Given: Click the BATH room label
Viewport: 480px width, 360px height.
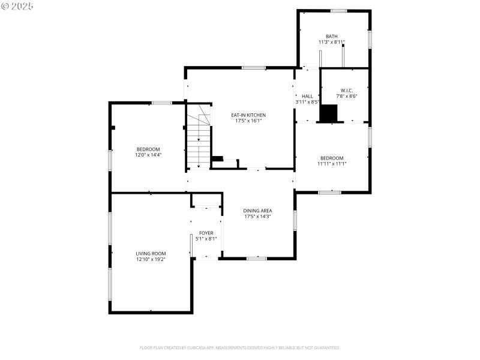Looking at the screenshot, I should (x=331, y=36).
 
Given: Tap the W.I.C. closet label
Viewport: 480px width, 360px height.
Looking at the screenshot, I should (x=346, y=90).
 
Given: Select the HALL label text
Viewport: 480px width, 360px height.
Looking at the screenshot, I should (x=307, y=96).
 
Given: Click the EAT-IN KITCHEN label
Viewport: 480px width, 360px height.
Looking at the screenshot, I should (x=248, y=115).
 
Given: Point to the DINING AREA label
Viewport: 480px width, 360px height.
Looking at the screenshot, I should (x=257, y=211).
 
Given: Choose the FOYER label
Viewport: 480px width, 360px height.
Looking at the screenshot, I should (x=206, y=233).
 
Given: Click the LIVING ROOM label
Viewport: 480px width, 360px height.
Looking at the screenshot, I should (x=151, y=253).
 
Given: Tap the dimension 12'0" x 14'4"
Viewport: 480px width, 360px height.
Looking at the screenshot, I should (x=148, y=155).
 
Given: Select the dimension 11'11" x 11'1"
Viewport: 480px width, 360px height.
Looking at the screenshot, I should (x=332, y=163).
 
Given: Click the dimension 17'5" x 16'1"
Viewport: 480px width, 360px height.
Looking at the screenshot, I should (x=248, y=121).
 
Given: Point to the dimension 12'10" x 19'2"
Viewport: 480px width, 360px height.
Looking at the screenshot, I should (x=151, y=259).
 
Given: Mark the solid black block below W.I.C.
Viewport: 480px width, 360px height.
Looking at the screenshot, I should (x=329, y=113).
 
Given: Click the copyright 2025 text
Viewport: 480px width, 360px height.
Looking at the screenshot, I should (x=17, y=6).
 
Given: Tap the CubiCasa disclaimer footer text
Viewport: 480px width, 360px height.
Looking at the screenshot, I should (x=240, y=347).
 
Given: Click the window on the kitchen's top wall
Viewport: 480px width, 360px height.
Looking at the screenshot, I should (x=254, y=68).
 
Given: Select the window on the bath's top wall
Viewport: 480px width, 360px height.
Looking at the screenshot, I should (x=339, y=11).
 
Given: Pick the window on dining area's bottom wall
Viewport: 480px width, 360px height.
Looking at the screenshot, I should (x=257, y=258).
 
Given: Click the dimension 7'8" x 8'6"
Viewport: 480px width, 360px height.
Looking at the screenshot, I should (x=346, y=96).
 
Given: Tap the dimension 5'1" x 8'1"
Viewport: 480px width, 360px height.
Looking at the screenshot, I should (x=206, y=239).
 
